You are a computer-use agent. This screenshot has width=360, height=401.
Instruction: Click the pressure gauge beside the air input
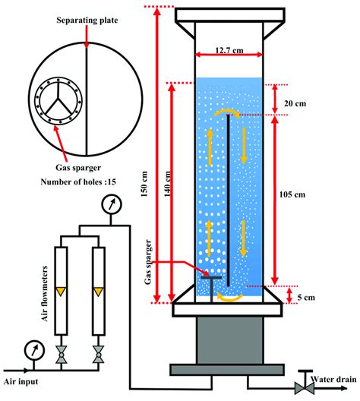33,349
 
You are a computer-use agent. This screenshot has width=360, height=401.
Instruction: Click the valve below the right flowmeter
99,352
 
